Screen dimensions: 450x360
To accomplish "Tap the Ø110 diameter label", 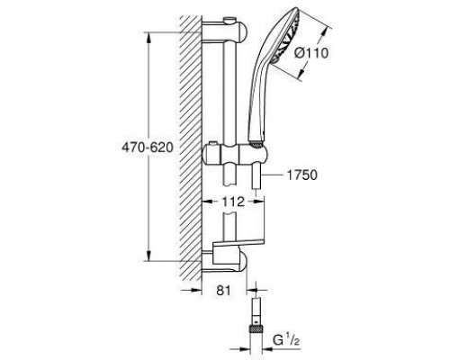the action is coord(311,53).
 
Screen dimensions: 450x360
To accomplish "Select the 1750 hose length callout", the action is coord(302,175).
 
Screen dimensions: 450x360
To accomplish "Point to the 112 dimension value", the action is coord(233,202).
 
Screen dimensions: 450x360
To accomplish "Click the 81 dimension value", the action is coord(223,290).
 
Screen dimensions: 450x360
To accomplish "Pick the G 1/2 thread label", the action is coord(286,340).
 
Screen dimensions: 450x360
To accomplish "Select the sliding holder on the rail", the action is coord(235,155).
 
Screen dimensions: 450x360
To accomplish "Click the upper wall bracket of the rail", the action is coord(225,32).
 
